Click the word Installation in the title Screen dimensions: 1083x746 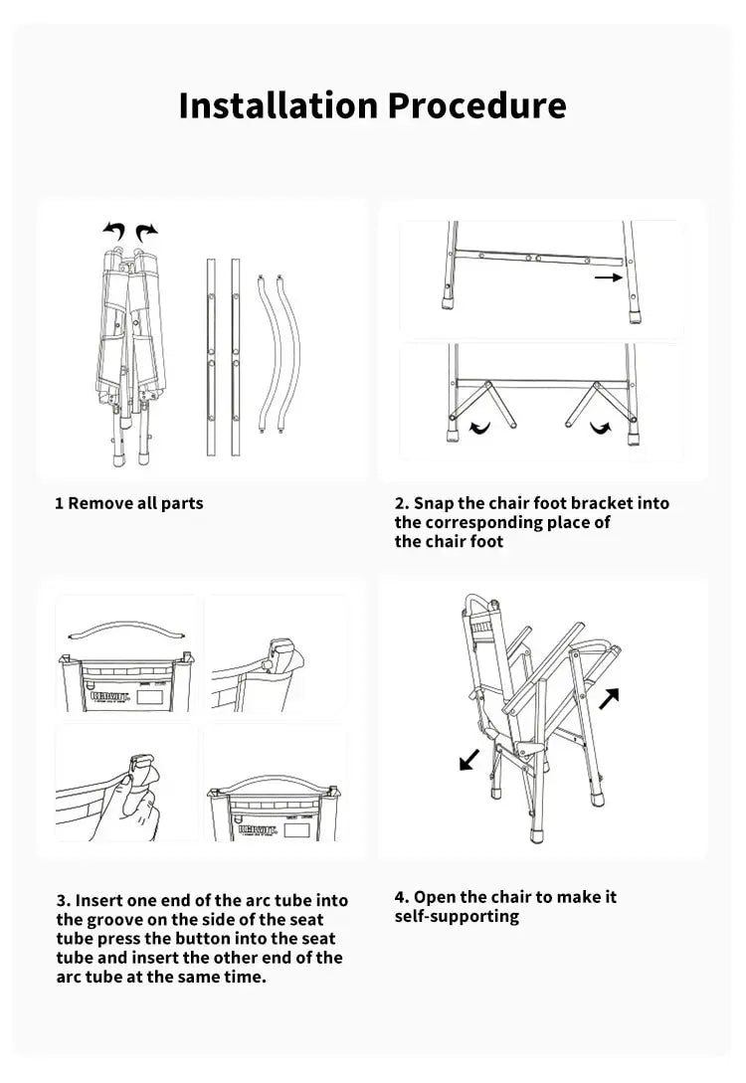[x=279, y=104]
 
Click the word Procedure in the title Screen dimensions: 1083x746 [x=476, y=104]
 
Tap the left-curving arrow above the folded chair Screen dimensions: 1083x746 [x=114, y=232]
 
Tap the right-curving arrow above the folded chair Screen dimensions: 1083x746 [x=146, y=232]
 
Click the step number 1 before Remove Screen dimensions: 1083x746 [x=59, y=503]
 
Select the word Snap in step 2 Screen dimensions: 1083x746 [x=433, y=503]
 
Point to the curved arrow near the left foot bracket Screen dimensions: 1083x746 [x=479, y=428]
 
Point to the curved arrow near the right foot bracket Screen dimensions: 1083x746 [x=601, y=428]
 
